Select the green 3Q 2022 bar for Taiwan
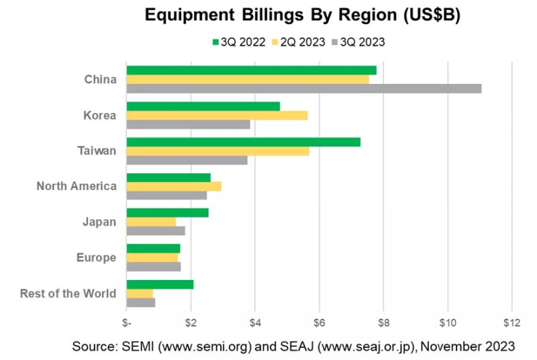[x=243, y=142]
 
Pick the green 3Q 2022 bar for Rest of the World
[x=160, y=284]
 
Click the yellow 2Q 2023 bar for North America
[x=174, y=186]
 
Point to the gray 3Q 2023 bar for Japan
[x=156, y=231]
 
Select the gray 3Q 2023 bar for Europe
[x=154, y=267]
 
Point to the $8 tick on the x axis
[x=383, y=322]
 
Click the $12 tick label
[x=511, y=322]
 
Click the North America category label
[x=77, y=187]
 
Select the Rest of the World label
[x=68, y=294]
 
